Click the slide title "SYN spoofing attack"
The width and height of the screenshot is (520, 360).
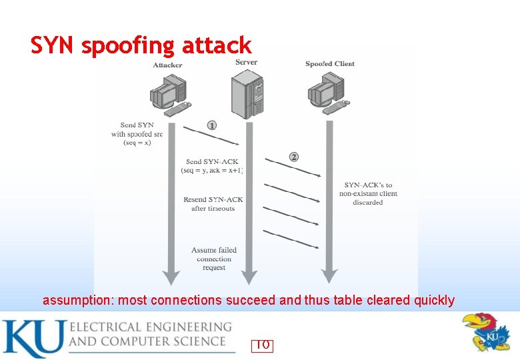141,45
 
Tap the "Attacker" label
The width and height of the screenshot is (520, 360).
167,65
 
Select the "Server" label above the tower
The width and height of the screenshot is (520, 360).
247,62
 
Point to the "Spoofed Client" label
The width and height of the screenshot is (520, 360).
330,64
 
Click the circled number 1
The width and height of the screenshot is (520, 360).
212,125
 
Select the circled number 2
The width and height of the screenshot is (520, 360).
294,157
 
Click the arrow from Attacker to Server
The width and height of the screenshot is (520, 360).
211,135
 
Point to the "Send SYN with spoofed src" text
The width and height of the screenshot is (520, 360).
137,133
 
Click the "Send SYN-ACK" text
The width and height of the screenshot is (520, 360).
212,166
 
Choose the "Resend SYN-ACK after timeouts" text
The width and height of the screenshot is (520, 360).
213,204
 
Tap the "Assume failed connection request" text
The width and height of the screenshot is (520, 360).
214,259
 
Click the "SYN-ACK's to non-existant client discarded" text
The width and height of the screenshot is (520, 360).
368,193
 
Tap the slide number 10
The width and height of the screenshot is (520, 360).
262,345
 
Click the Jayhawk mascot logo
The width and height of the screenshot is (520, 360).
487,331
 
